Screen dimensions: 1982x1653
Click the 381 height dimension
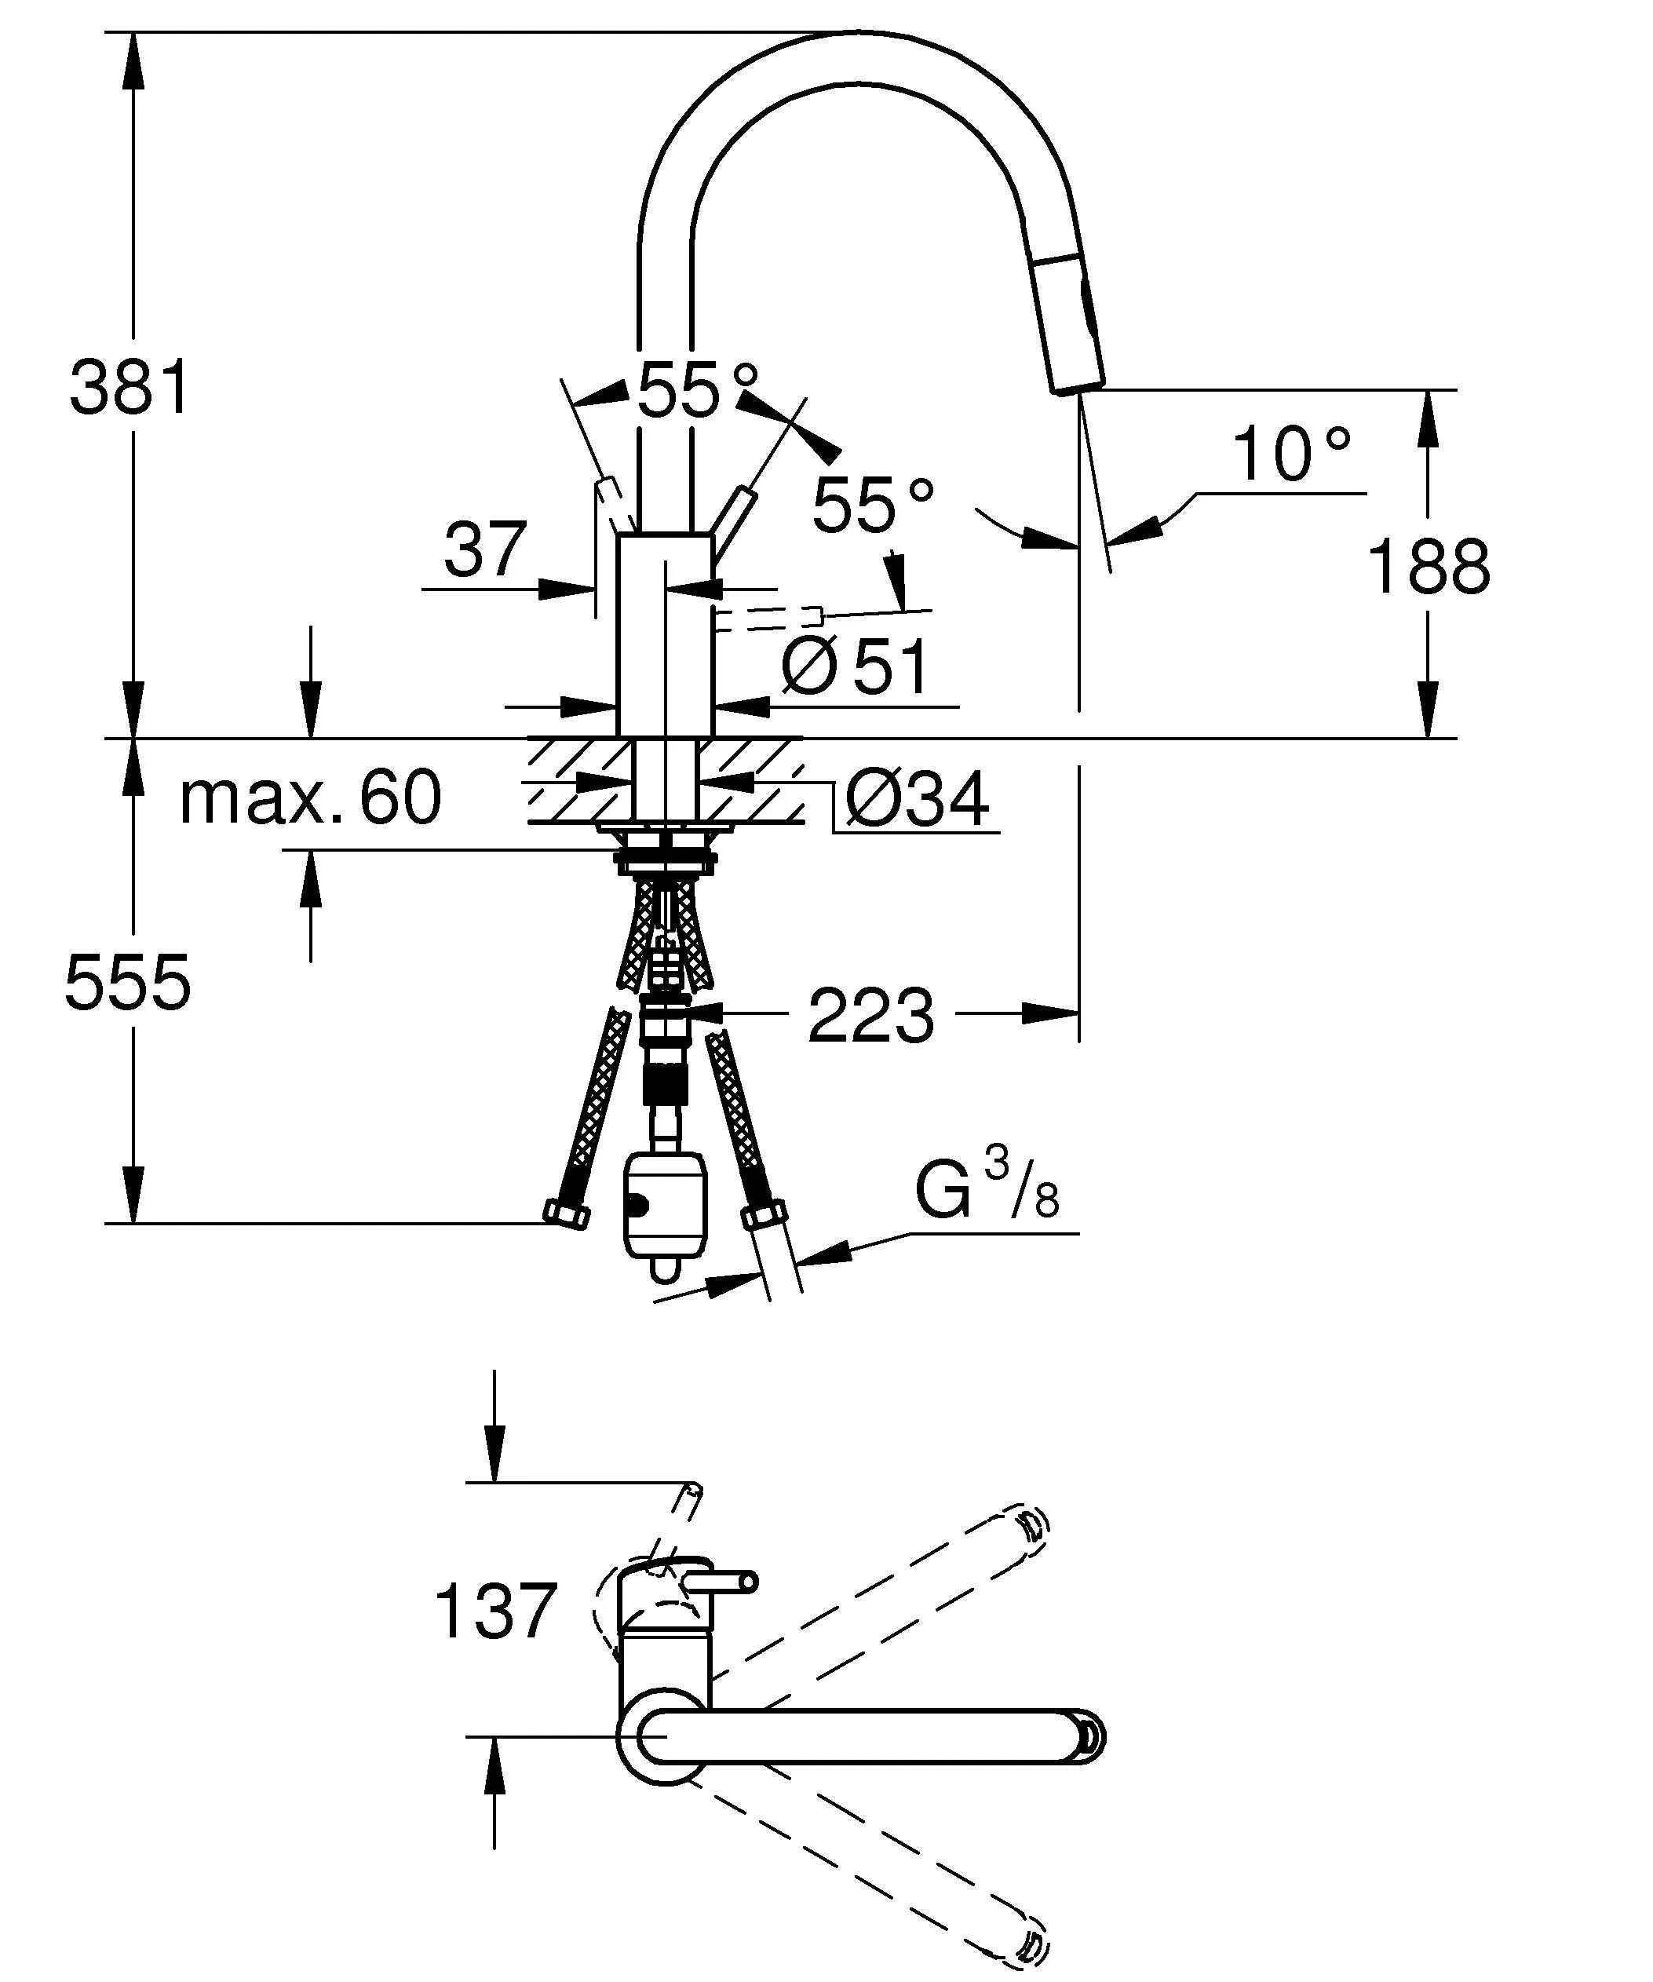coord(130,388)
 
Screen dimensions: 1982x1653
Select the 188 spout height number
coord(1429,568)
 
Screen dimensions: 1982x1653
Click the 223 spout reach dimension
coord(870,1017)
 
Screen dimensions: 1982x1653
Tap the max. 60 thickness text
coord(310,798)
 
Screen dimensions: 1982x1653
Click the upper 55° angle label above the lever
coord(696,390)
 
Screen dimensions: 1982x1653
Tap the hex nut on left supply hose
coord(567,1214)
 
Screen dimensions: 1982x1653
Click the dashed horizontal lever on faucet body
coord(769,619)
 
